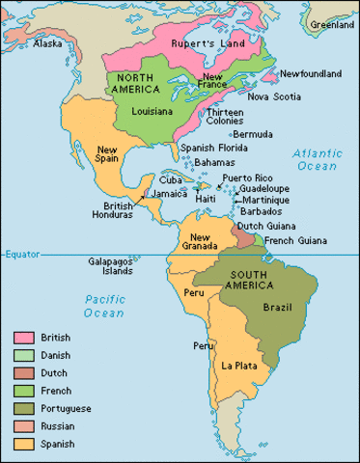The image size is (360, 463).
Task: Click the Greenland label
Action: [333, 24]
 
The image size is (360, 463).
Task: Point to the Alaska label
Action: [48, 43]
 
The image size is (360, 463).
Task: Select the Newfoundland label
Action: [313, 73]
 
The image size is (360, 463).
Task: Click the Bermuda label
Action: [253, 133]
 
